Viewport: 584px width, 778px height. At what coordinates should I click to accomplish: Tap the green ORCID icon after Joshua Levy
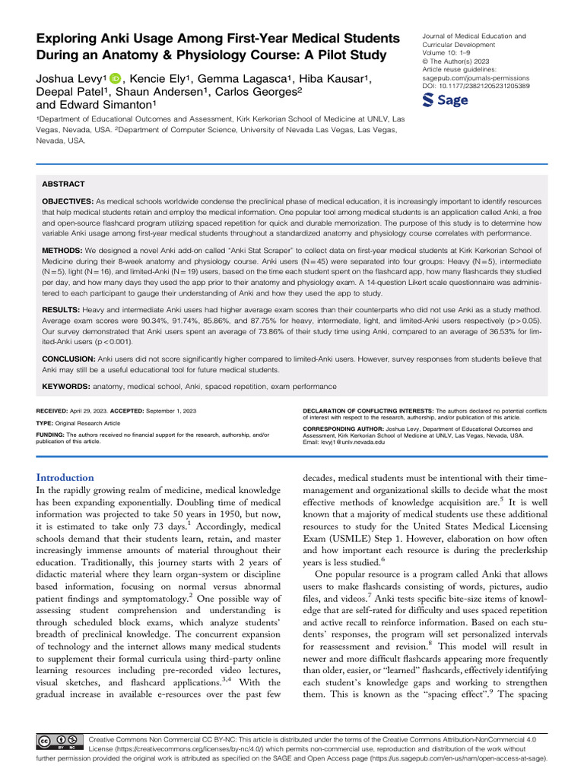point(115,79)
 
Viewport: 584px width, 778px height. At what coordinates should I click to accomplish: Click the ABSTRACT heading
point(63,184)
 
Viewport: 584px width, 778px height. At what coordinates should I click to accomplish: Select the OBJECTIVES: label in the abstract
point(68,200)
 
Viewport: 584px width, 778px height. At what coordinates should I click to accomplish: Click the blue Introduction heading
point(65,478)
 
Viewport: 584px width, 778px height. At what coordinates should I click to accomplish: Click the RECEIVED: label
point(55,410)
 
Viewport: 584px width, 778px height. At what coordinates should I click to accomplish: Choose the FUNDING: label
point(53,435)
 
